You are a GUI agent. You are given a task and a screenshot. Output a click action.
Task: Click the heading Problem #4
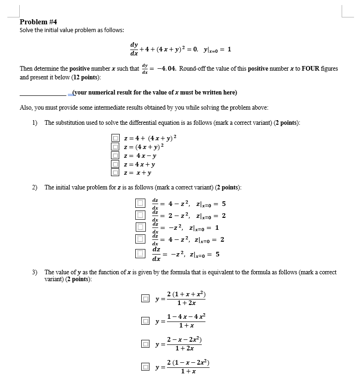tap(39, 22)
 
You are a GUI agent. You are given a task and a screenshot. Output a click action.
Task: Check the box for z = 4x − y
tap(116, 155)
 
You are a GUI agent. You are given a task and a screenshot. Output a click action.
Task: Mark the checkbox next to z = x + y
tap(116, 173)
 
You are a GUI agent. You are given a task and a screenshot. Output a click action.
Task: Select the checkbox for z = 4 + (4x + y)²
tap(116, 138)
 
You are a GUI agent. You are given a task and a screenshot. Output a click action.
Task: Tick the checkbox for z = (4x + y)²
tap(116, 147)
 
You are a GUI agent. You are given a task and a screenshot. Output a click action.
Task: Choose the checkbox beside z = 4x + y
tap(116, 164)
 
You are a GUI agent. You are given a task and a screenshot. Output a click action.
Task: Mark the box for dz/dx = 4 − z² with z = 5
tap(139, 203)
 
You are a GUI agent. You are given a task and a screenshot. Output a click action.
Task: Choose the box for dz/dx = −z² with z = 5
tap(139, 253)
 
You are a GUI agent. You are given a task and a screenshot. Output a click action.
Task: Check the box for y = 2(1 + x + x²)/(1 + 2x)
tap(145, 299)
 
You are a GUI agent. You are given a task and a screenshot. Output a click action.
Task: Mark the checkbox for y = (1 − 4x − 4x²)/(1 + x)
tap(145, 321)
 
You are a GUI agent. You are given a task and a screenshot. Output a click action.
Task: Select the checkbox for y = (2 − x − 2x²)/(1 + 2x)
tap(145, 344)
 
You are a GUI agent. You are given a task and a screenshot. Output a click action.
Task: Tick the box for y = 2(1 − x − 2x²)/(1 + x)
tap(145, 366)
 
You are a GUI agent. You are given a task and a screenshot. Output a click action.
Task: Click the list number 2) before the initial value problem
tap(35, 188)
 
